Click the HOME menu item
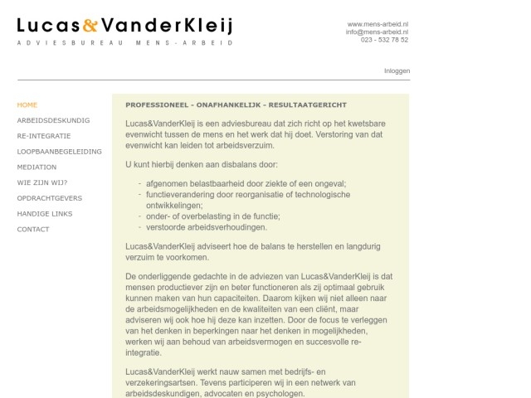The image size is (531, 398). tap(27, 105)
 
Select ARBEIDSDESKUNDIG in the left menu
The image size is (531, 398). tap(53, 120)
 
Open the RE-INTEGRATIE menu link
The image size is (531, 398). tap(44, 136)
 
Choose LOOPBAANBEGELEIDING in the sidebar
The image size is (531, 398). tap(60, 152)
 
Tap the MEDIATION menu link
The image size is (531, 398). tap(37, 167)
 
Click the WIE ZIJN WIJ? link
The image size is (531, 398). tap(42, 182)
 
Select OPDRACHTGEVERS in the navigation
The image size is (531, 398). tap(49, 198)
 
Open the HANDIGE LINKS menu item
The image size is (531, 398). tap(45, 214)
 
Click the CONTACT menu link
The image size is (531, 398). tap(33, 230)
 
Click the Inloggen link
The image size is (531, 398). tap(397, 71)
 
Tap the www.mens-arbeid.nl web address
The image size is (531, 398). tap(378, 24)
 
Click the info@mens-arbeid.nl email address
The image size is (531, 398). tap(378, 32)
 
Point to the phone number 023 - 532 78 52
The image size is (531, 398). tap(385, 39)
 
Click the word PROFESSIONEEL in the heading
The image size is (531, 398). tap(155, 105)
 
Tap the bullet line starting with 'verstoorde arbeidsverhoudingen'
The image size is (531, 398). tap(207, 227)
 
